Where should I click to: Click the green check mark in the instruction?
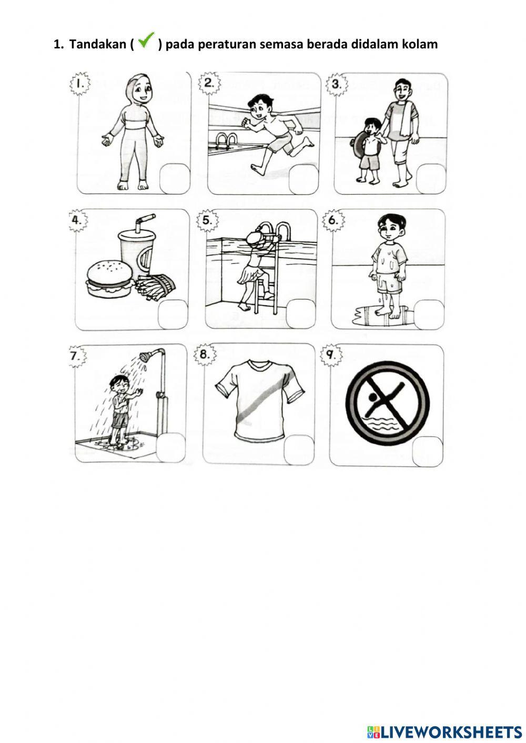point(146,40)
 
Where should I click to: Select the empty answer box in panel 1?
point(175,179)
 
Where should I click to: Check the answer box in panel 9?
point(427,452)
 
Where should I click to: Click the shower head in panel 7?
point(145,357)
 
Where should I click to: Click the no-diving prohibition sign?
point(387,402)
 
